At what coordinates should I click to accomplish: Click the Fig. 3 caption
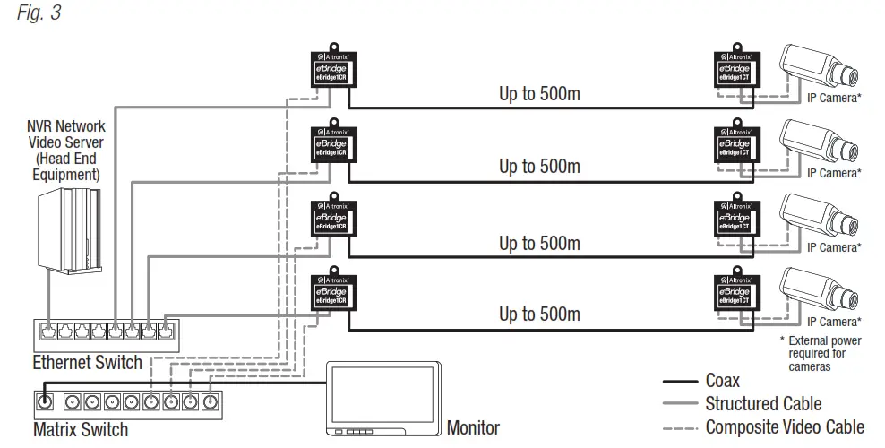tap(38, 14)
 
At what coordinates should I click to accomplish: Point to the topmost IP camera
tap(820, 67)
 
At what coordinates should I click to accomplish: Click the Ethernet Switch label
tap(87, 363)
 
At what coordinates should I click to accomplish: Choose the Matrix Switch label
tap(80, 429)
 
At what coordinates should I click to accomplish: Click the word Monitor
tap(473, 428)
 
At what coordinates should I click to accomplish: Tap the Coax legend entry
tap(722, 381)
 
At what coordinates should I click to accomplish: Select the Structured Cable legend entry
tap(762, 404)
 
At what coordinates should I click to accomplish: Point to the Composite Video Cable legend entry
tap(785, 427)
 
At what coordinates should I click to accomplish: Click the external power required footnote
tap(823, 353)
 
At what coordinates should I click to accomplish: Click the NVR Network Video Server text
tap(66, 151)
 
